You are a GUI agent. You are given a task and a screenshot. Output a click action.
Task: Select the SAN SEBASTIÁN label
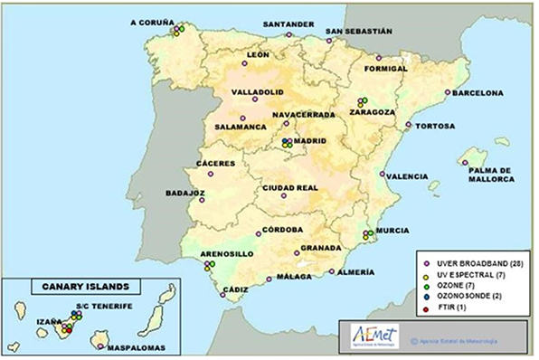pyautogui.click(x=359, y=30)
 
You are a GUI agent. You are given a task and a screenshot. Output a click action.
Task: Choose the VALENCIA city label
pyautogui.click(x=407, y=176)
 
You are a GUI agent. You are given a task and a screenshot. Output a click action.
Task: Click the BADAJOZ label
pyautogui.click(x=185, y=193)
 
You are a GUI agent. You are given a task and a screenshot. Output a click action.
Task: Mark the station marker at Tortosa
pyautogui.click(x=409, y=125)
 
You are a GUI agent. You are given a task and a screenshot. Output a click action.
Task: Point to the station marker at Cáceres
pyautogui.click(x=210, y=172)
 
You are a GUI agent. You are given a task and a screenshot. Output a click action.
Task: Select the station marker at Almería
pyautogui.click(x=332, y=270)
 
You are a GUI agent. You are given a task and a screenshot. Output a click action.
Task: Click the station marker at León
pyautogui.click(x=245, y=64)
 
